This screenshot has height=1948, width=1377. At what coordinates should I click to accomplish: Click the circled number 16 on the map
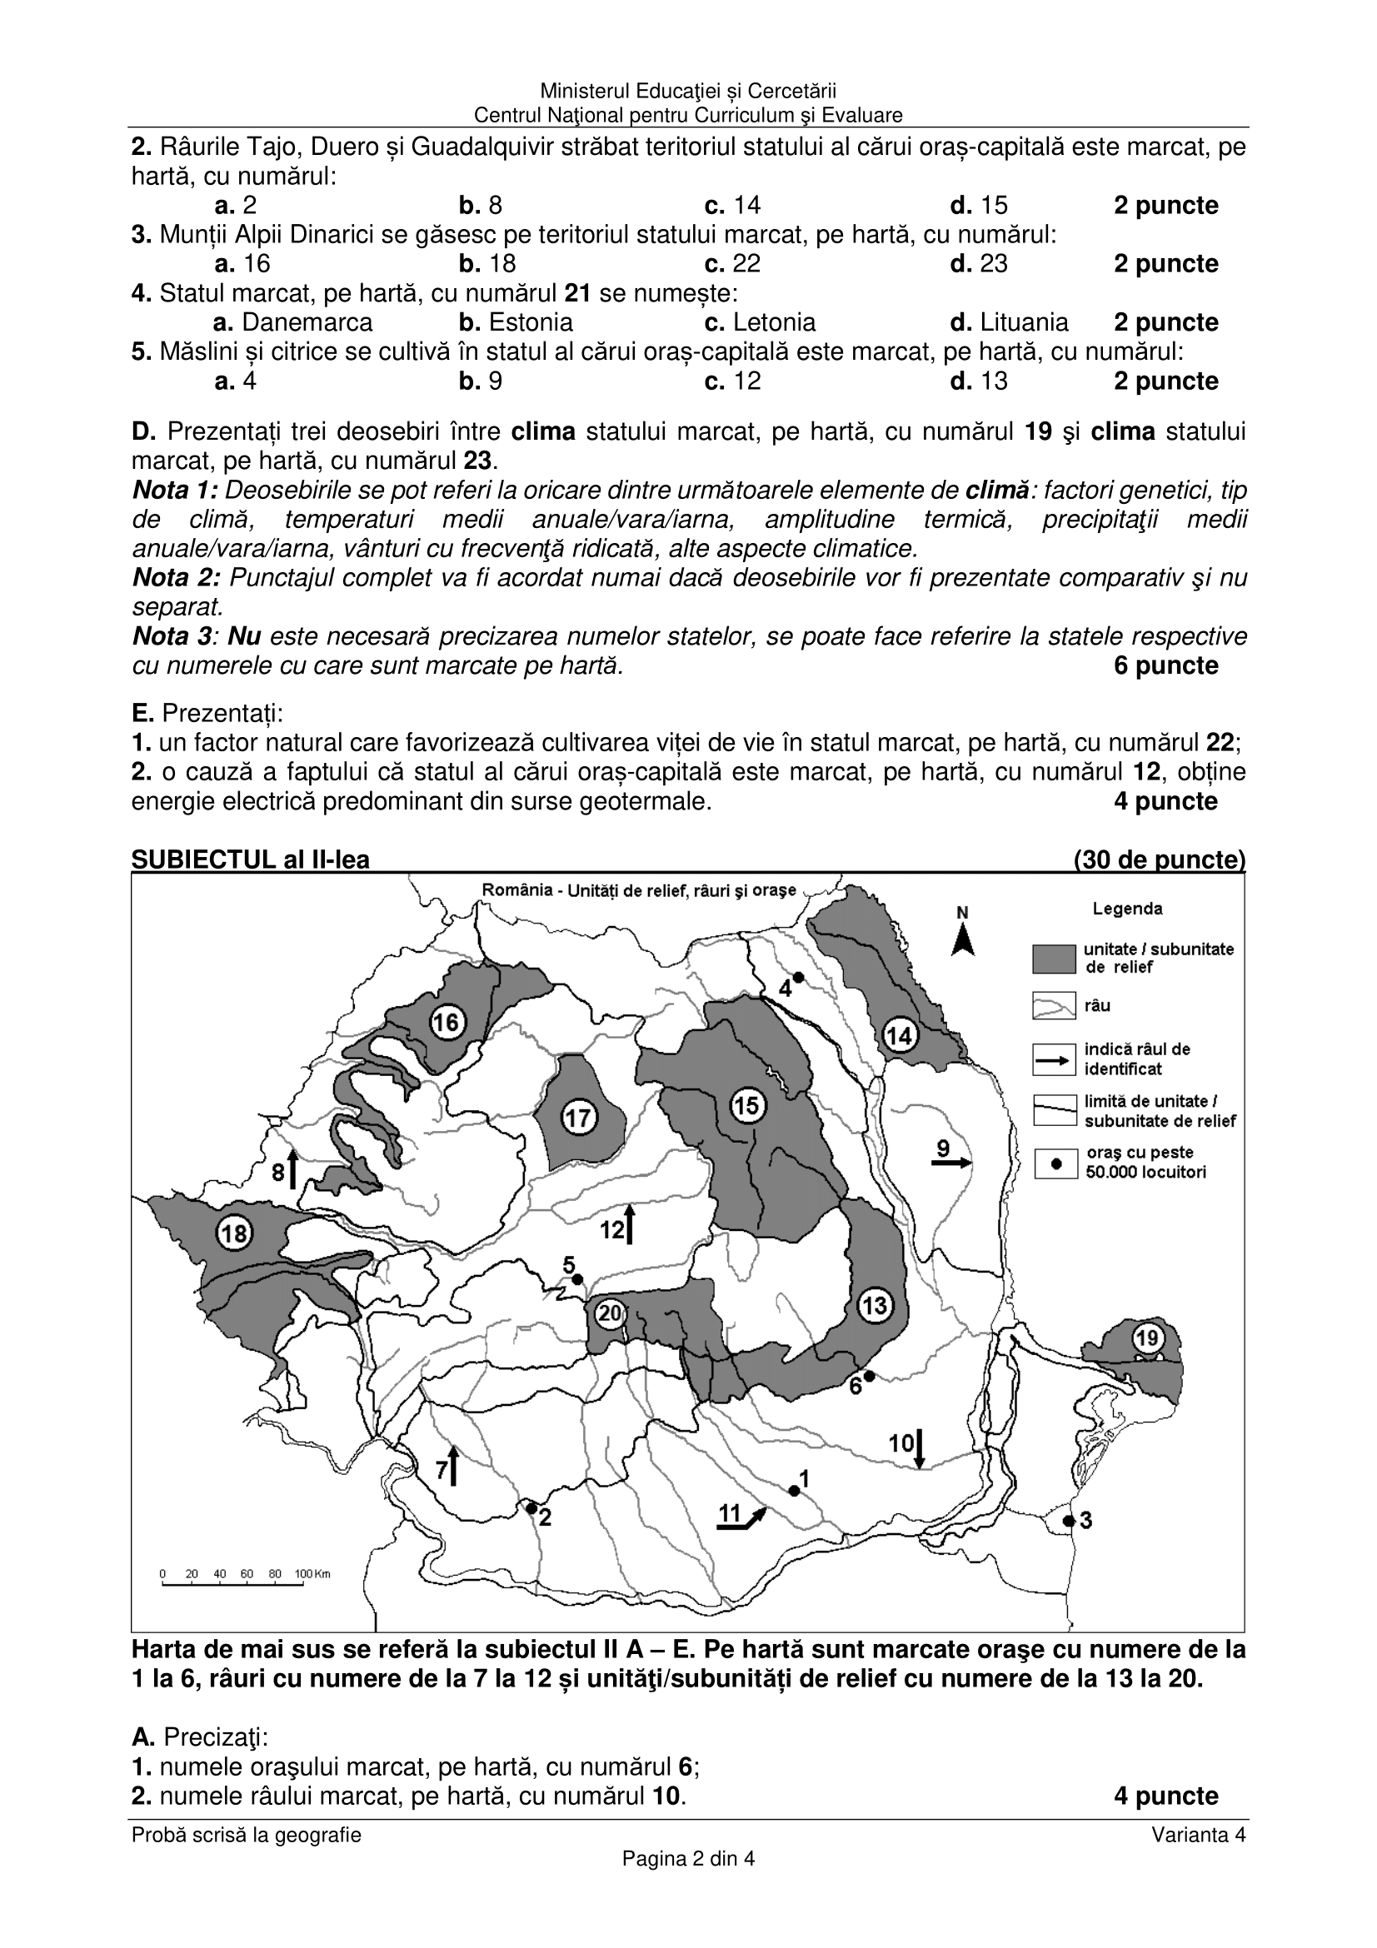[x=446, y=1023]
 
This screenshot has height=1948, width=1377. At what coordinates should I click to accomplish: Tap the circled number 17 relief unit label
[x=578, y=1118]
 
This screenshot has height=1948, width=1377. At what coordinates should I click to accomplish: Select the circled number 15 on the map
[x=746, y=1105]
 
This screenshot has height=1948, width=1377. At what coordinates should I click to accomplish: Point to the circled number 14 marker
[x=900, y=1035]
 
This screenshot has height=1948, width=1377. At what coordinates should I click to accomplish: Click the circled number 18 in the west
[x=234, y=1233]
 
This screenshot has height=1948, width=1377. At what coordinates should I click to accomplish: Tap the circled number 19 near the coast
[x=1147, y=1339]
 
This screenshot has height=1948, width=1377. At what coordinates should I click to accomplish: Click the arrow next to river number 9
[x=951, y=1164]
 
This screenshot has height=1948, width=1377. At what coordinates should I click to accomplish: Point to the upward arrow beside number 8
[x=292, y=1169]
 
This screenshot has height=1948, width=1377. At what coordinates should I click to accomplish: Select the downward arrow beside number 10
[x=920, y=1450]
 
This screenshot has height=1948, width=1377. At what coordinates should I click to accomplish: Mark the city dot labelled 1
[x=793, y=1491]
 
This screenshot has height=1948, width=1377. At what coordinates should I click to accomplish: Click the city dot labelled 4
[x=798, y=978]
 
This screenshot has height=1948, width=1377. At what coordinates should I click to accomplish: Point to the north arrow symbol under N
[x=962, y=941]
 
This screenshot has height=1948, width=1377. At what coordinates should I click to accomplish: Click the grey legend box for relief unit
[x=1054, y=959]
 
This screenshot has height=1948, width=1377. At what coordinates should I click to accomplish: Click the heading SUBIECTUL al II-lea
[x=250, y=860]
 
